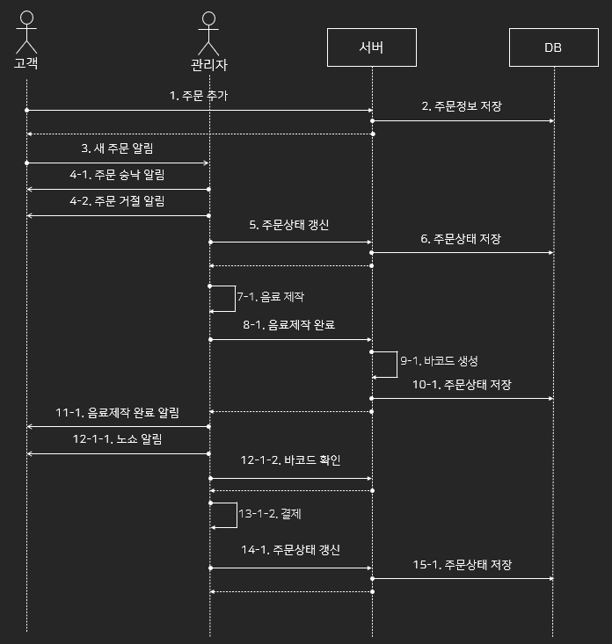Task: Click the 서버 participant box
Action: coord(371,47)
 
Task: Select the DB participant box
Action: coord(553,47)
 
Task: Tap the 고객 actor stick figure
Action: coord(26,33)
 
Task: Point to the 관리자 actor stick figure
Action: coord(209,35)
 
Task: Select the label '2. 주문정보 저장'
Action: coord(462,106)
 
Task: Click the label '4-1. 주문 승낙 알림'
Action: coord(118,175)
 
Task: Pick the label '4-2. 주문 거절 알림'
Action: coord(118,201)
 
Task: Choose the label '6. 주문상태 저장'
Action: coord(462,238)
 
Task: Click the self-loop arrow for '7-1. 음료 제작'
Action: coord(234,298)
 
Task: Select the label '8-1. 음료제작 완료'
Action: coord(289,324)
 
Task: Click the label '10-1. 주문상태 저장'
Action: coord(462,384)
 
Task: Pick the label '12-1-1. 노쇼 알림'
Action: coord(118,438)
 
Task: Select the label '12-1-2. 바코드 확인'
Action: coord(289,460)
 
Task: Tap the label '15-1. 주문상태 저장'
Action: coord(462,564)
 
